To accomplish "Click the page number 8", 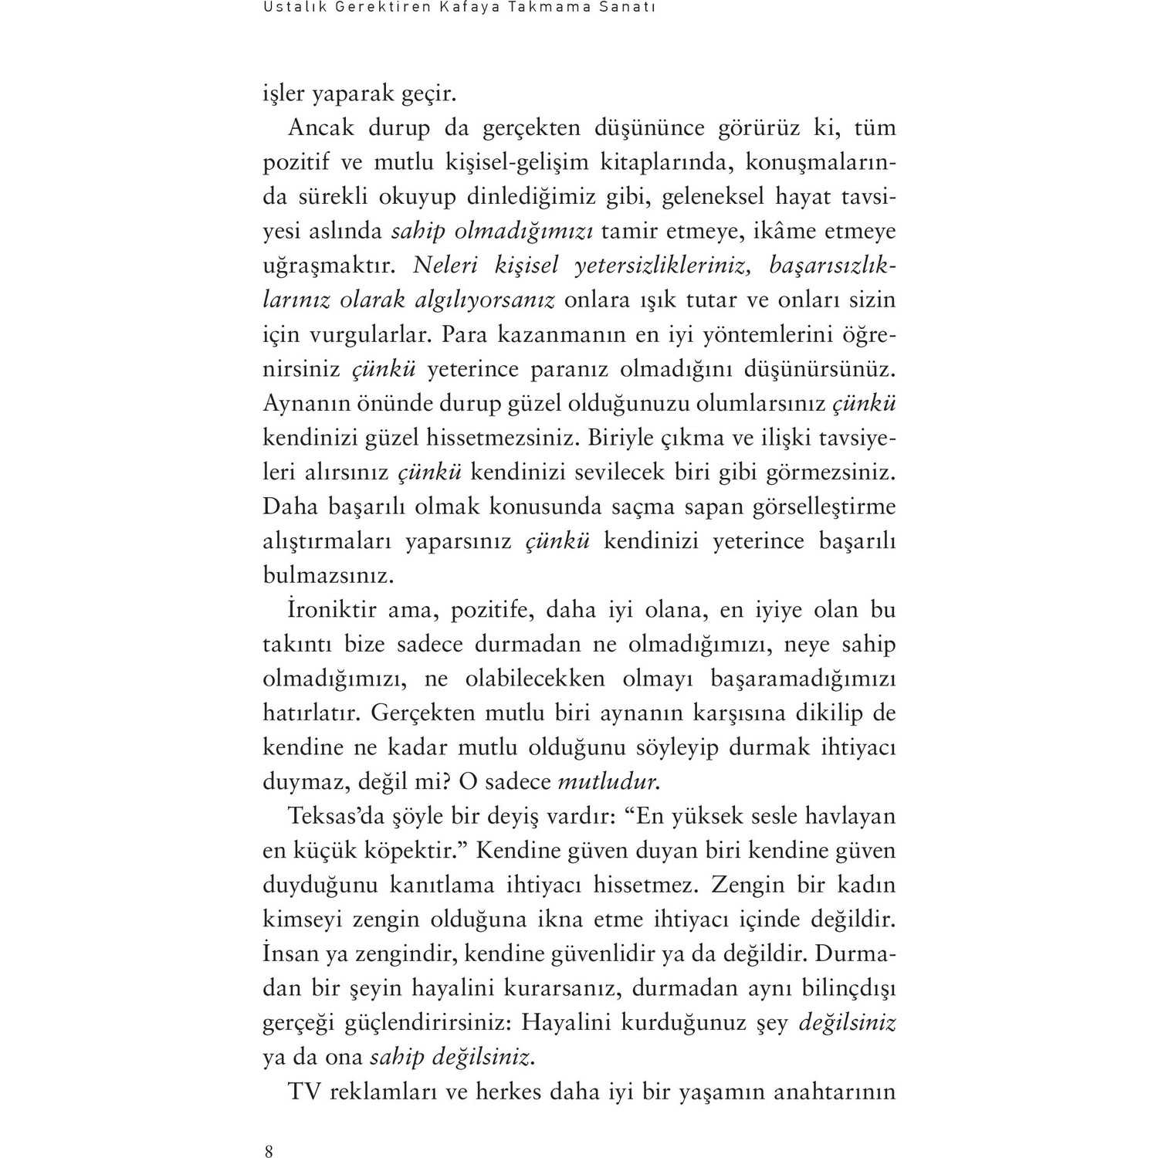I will [269, 1152].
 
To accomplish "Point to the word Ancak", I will [320, 127].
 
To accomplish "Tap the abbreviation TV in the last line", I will [303, 1092].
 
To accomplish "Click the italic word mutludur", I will [608, 781].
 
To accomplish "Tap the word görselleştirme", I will [822, 506].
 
